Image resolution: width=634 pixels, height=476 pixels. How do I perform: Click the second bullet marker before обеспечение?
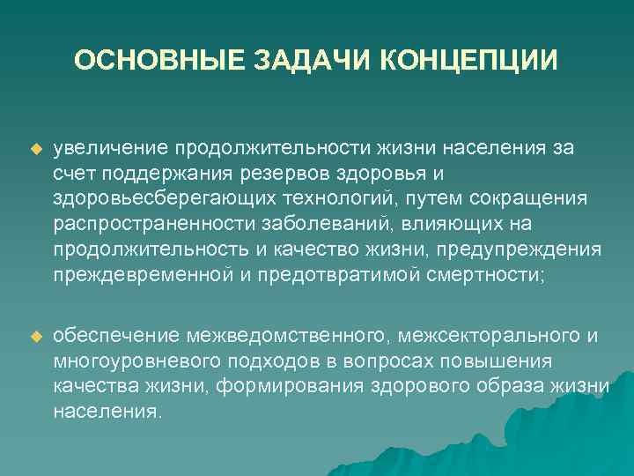35,337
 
